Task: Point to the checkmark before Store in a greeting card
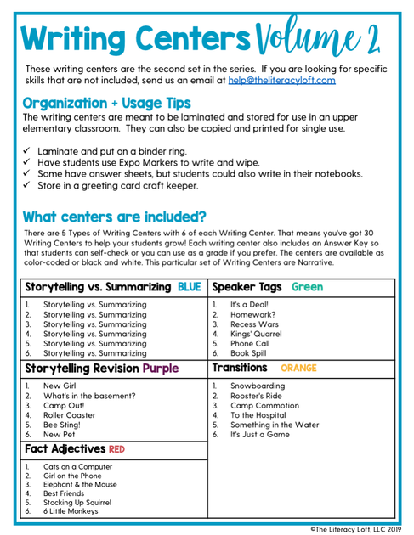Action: (x=28, y=185)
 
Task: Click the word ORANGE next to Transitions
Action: (x=298, y=369)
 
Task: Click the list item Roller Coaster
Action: (x=71, y=417)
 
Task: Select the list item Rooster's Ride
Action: (x=258, y=397)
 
